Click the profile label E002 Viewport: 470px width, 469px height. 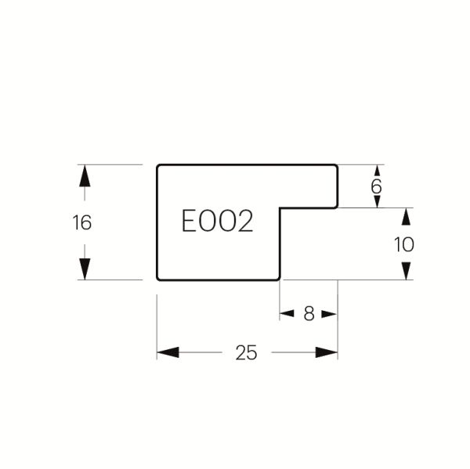click(x=217, y=221)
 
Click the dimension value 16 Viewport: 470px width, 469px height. click(x=81, y=222)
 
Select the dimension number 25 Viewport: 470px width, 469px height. click(x=246, y=352)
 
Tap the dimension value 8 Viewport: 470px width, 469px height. click(x=309, y=314)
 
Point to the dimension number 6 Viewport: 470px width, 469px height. click(x=376, y=186)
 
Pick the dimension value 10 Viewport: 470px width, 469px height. click(x=404, y=244)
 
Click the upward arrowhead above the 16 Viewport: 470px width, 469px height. click(x=85, y=175)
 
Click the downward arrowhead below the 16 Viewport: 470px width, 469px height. click(x=85, y=269)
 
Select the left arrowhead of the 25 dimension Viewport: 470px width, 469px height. click(x=168, y=352)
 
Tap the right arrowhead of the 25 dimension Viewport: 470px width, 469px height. click(x=327, y=352)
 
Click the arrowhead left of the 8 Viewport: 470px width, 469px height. click(x=287, y=314)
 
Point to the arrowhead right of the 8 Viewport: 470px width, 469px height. click(x=330, y=314)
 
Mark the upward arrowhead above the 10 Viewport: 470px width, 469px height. click(x=406, y=216)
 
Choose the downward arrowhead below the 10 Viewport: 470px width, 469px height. click(x=406, y=271)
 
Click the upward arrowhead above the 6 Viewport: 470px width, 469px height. click(x=378, y=171)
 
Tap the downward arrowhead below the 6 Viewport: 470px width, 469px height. click(x=378, y=202)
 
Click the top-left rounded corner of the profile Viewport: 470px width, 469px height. click(x=158, y=166)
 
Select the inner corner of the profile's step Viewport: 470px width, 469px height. click(x=280, y=207)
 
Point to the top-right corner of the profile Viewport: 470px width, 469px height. click(x=337, y=166)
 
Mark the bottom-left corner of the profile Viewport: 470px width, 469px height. click(x=158, y=279)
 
